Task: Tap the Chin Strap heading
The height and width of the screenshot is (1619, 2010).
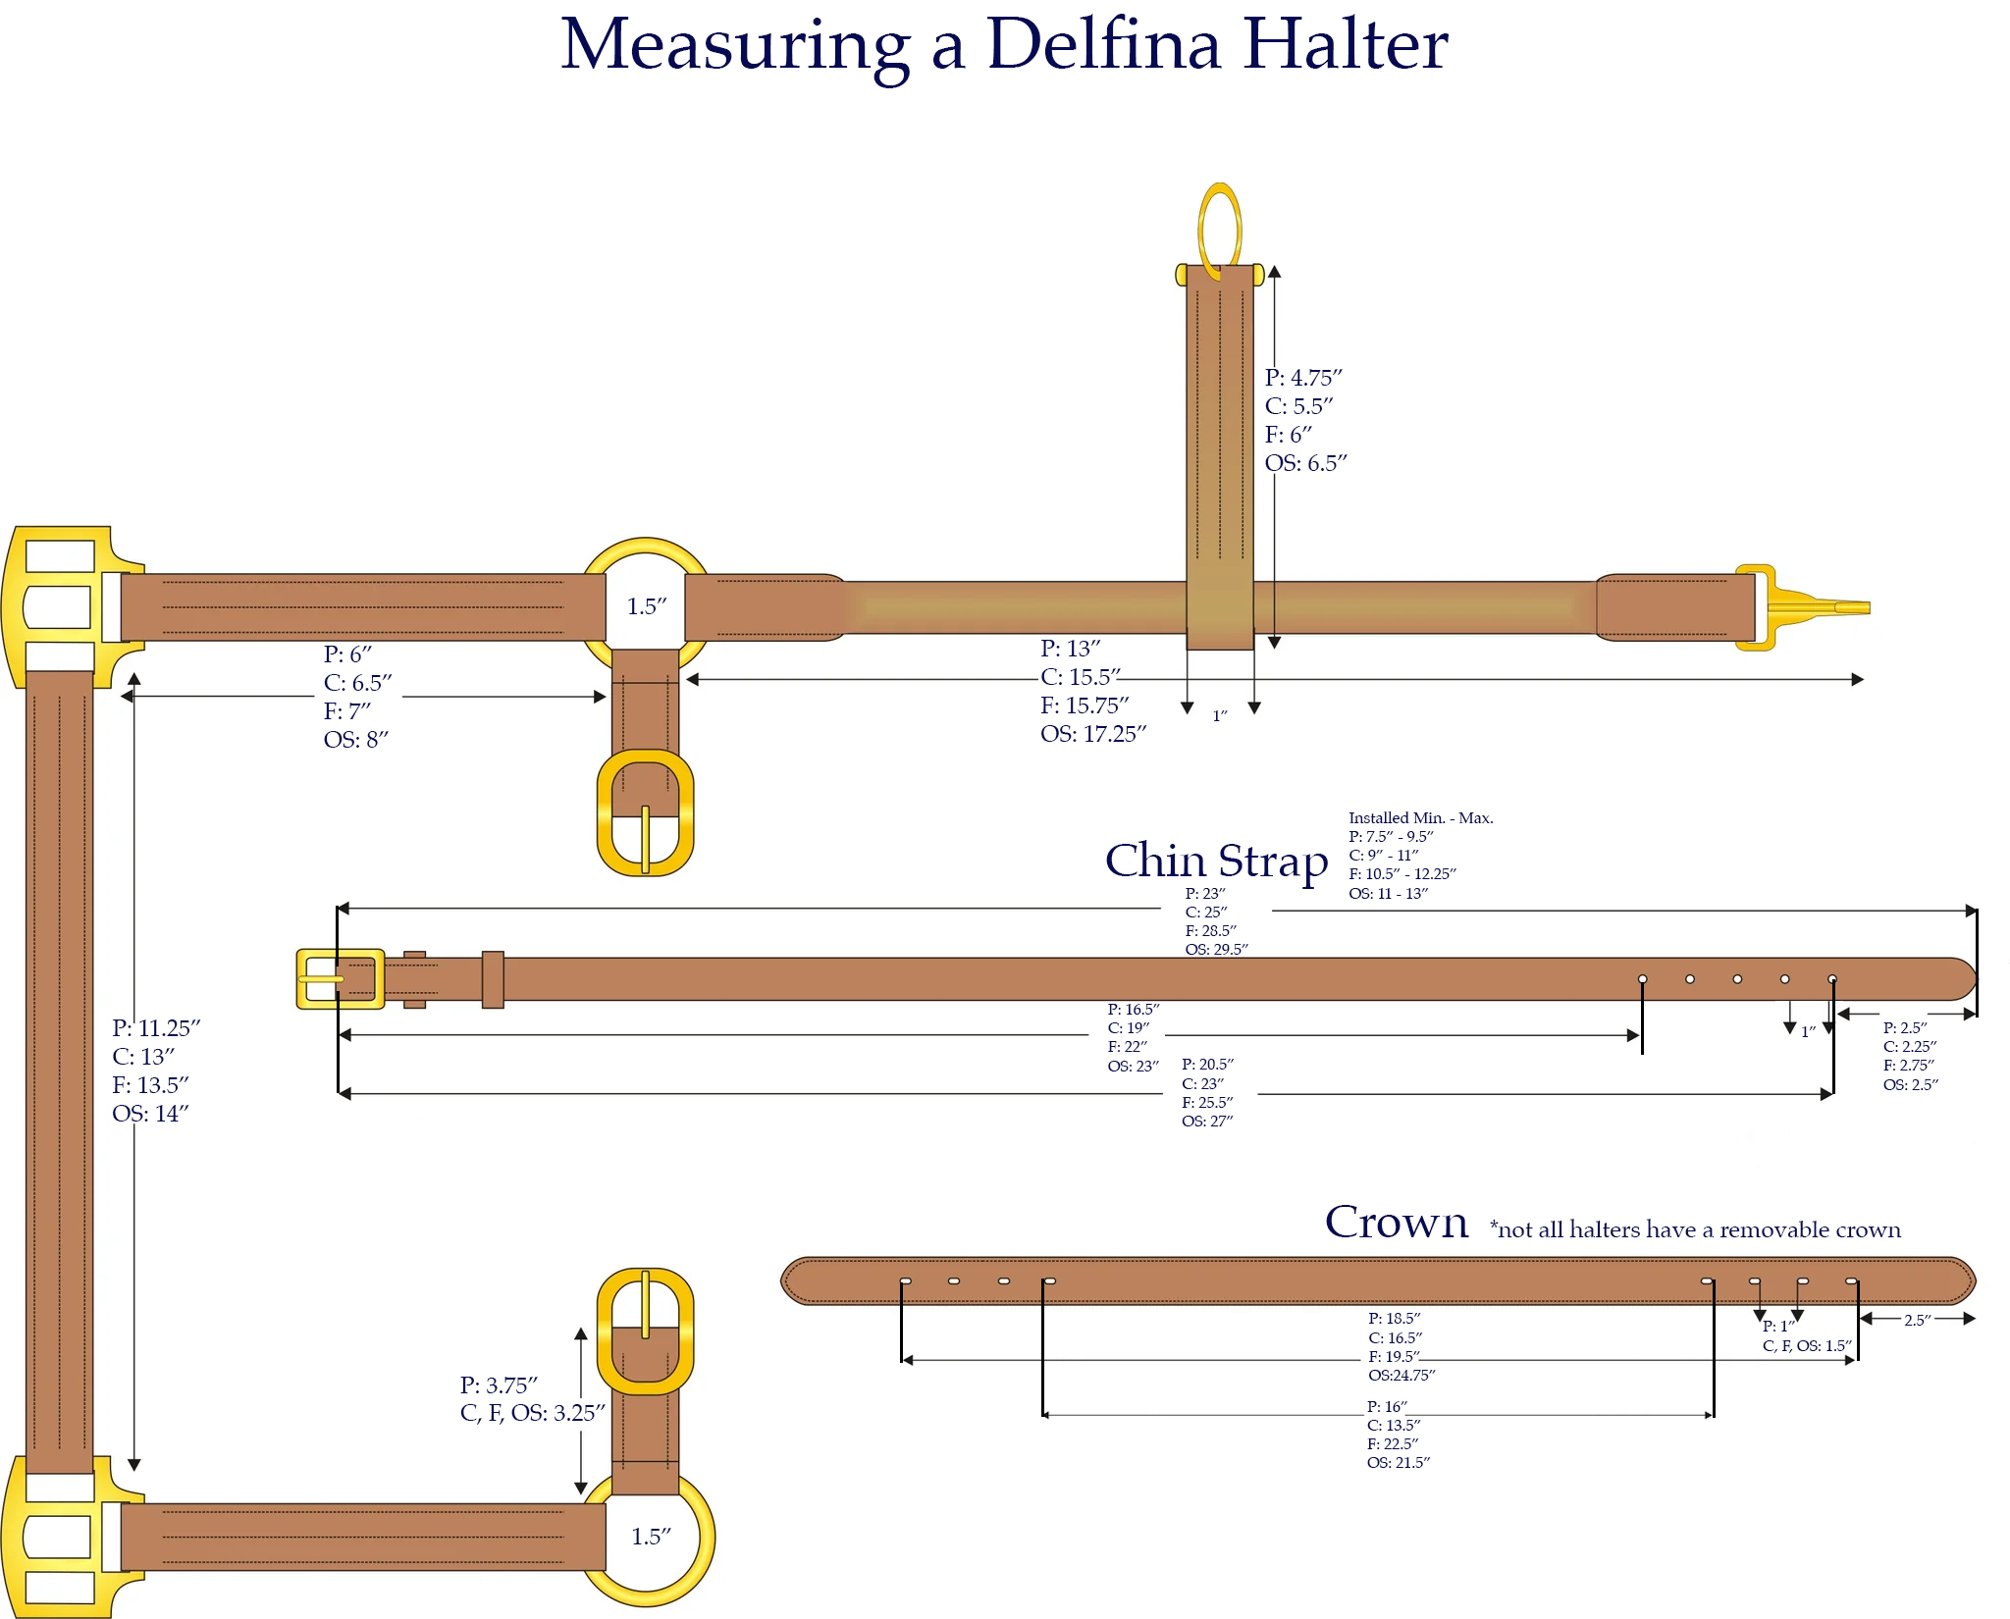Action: click(x=1216, y=861)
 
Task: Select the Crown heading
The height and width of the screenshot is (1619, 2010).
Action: click(x=1396, y=1223)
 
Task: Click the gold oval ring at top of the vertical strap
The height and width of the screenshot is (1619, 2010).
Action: click(x=1220, y=230)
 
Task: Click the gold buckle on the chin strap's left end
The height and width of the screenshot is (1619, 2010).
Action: click(x=339, y=978)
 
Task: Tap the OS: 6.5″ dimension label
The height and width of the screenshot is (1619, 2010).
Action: click(x=1305, y=463)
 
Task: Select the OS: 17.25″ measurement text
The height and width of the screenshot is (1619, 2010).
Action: click(x=1093, y=734)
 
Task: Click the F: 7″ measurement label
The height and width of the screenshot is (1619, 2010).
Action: click(x=347, y=710)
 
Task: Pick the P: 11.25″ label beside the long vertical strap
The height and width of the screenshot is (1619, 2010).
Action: click(x=156, y=1028)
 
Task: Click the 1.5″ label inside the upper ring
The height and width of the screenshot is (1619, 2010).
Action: click(x=647, y=606)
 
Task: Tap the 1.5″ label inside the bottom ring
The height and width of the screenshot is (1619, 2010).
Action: click(x=651, y=1537)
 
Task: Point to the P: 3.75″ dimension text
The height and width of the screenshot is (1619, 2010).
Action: click(x=499, y=1384)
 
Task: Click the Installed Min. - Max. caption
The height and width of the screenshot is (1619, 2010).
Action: click(x=1420, y=817)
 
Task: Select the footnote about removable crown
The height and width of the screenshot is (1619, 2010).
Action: click(x=1695, y=1229)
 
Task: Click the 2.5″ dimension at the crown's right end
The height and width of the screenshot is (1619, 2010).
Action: click(x=1917, y=1320)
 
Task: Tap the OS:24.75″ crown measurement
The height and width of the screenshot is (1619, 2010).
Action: click(x=1401, y=1375)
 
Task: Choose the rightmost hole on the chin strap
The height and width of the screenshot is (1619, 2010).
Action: click(x=1832, y=979)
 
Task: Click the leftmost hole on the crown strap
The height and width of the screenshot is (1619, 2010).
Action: click(x=905, y=1280)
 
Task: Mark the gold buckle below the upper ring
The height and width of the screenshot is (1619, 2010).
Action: click(x=645, y=812)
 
